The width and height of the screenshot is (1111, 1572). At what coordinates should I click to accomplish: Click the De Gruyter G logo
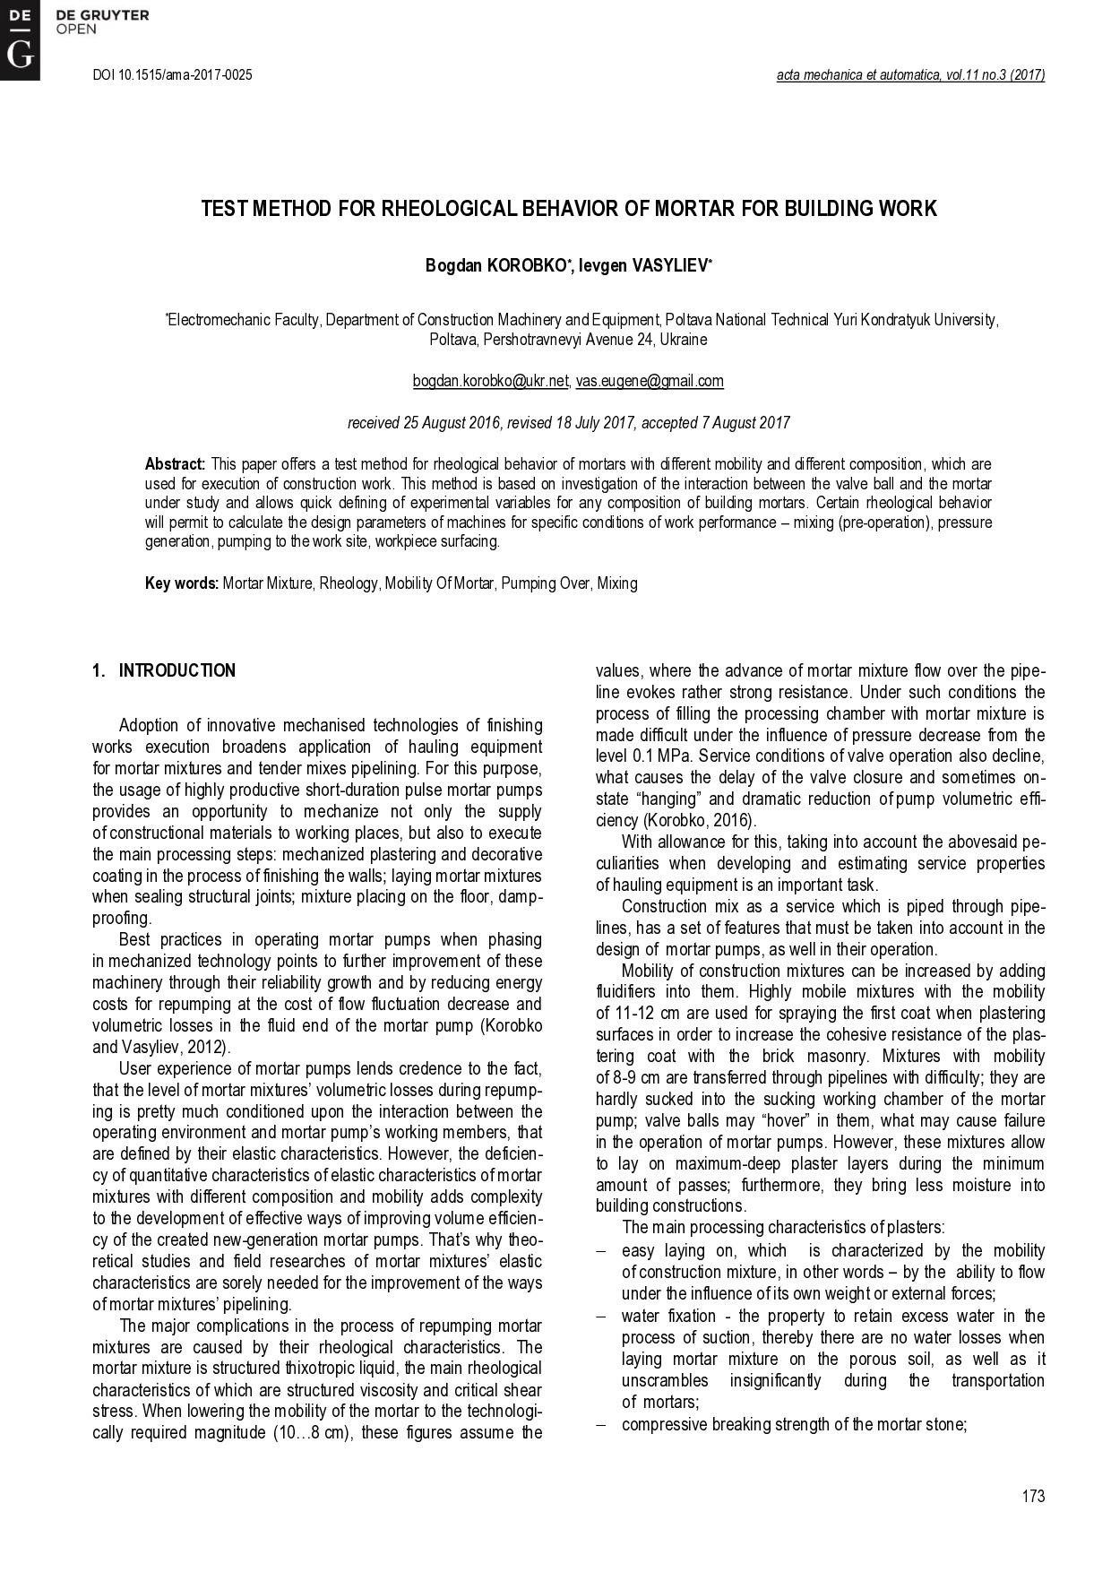click(19, 40)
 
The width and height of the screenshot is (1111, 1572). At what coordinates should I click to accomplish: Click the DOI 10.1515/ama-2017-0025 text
click(172, 75)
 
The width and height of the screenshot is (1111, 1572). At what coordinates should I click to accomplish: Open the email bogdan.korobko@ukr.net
click(490, 381)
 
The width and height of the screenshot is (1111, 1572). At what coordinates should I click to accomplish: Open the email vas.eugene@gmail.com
click(650, 381)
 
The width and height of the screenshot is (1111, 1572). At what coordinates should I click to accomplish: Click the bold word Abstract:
click(176, 464)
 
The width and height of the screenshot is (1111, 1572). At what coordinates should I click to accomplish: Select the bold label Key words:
click(182, 583)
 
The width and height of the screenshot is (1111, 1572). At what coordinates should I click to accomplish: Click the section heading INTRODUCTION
click(177, 671)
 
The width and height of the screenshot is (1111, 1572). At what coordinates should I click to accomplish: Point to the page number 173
click(1033, 1496)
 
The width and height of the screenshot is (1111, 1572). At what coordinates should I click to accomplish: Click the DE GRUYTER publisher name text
click(102, 15)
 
